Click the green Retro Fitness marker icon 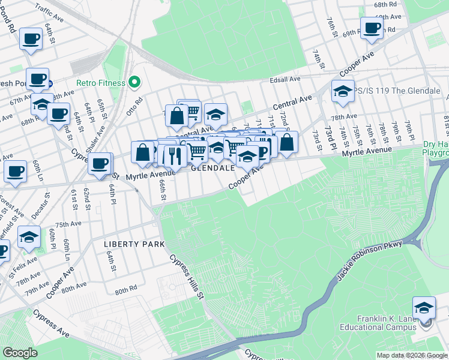(134, 83)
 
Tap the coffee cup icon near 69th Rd (372, 28)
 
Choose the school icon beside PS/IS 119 (343, 91)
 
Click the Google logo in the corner (20, 353)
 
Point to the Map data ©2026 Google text (411, 355)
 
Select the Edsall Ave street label (285, 79)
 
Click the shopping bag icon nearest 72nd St (287, 142)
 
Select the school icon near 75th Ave (28, 236)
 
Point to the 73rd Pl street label (330, 138)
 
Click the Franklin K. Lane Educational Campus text (386, 323)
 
